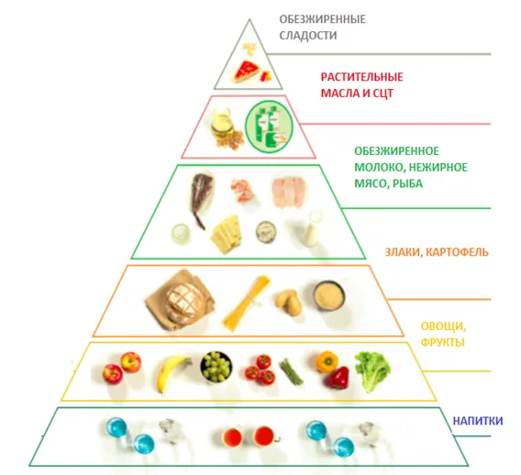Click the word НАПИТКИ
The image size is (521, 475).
pyautogui.click(x=478, y=421)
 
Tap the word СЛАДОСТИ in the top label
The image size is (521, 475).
pyautogui.click(x=307, y=35)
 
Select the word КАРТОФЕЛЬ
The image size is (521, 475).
pyautogui.click(x=457, y=252)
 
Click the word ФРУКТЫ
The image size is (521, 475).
pyautogui.click(x=443, y=342)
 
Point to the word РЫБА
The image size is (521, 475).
pyautogui.click(x=407, y=183)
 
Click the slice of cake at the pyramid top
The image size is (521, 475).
pyautogui.click(x=246, y=72)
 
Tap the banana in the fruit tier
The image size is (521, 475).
pyautogui.click(x=172, y=372)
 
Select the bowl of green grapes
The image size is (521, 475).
pyautogui.click(x=216, y=367)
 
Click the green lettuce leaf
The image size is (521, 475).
pyautogui.click(x=372, y=370)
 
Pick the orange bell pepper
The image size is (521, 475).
pyautogui.click(x=327, y=361)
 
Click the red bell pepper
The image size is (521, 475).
pyautogui.click(x=338, y=378)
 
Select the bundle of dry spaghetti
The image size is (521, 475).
pyautogui.click(x=246, y=304)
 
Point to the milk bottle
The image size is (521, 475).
pyautogui.click(x=312, y=229)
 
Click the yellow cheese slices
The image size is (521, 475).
pyautogui.click(x=226, y=234)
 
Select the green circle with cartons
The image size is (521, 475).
pyautogui.click(x=270, y=127)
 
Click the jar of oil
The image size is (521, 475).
pyautogui.click(x=221, y=124)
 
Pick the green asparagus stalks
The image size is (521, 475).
pyautogui.click(x=291, y=371)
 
